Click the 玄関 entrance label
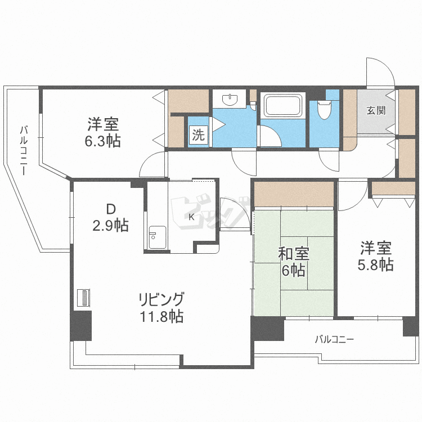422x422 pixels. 376,110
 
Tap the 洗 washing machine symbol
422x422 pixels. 198,135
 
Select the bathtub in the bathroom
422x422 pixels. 284,106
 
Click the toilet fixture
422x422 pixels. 324,110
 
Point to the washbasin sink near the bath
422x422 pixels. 231,100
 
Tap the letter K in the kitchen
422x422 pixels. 191,217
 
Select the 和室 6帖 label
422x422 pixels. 291,262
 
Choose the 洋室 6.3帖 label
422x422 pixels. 102,132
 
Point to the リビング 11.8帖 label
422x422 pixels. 161,307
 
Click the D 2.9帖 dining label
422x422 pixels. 111,217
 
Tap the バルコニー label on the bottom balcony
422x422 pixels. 334,339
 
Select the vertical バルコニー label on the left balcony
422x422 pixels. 24,150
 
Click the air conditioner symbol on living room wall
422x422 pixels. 83,298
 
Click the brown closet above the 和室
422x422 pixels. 293,195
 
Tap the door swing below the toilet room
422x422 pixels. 329,160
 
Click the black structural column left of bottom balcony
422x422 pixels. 267,329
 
